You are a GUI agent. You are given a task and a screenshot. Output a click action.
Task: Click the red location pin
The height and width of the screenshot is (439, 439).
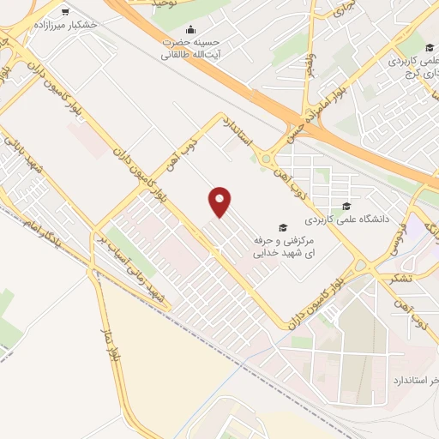tap(220, 202)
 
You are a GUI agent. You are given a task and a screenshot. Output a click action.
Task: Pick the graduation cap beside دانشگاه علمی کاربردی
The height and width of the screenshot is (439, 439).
tap(346, 206)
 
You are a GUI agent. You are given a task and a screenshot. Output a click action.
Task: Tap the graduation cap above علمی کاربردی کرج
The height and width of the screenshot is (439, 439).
tap(429, 47)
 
